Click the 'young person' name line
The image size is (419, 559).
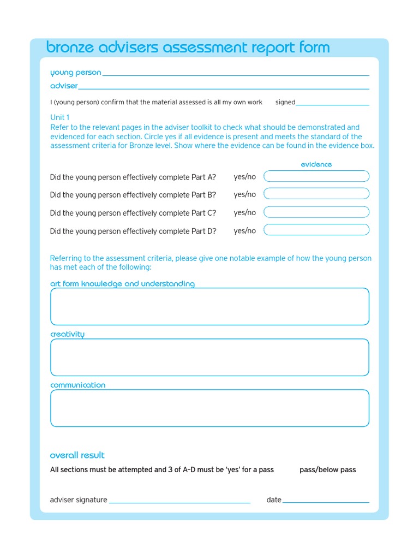[236, 74]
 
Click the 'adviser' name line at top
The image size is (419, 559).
[224, 87]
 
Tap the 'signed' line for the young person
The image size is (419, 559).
[332, 103]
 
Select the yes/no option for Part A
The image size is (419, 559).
[244, 176]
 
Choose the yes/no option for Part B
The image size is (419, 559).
[244, 194]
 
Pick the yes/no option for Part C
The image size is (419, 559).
[244, 212]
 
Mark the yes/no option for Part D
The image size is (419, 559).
[244, 230]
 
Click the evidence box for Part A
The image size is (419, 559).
[316, 176]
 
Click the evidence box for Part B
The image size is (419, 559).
[316, 194]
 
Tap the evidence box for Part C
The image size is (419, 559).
[316, 212]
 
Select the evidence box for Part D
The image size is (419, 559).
[316, 230]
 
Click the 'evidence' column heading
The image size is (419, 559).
[316, 164]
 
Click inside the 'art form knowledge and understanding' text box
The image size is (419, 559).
[209, 307]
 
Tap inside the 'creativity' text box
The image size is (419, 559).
[209, 358]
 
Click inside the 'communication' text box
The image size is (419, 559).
[209, 408]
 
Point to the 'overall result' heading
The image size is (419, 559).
[77, 455]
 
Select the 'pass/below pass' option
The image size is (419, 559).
[327, 469]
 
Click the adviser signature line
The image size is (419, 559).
[179, 501]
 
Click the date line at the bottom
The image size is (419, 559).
[326, 501]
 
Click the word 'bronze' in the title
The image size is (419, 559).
[71, 48]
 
